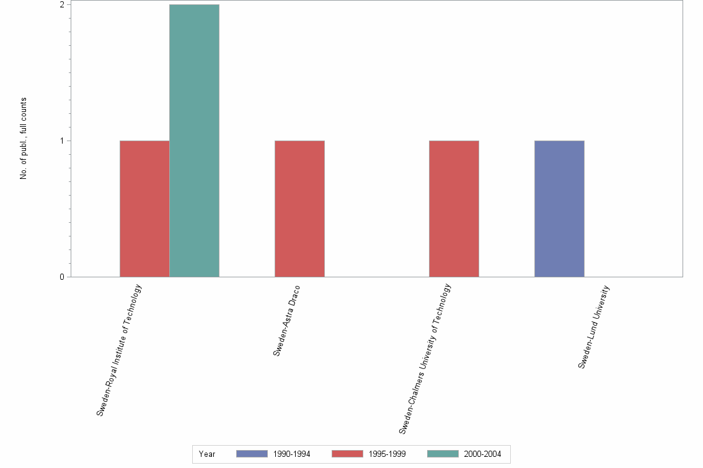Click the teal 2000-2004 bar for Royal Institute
[194, 141]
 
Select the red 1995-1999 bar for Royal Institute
[144, 209]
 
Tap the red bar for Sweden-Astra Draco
[299, 209]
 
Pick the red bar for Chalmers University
[454, 209]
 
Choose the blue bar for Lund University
[559, 209]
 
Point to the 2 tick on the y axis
[62, 5]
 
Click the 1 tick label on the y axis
[62, 141]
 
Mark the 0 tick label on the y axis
[62, 277]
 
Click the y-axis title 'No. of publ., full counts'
[24, 139]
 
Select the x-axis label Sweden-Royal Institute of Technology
[120, 350]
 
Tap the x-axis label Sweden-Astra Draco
[286, 321]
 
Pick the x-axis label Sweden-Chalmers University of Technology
[425, 358]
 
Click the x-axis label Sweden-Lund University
[594, 327]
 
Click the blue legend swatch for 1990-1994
[252, 454]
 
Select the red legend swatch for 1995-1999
[347, 454]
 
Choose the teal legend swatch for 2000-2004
[443, 454]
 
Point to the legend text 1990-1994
[291, 454]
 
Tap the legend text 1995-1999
[387, 454]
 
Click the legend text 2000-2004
[483, 454]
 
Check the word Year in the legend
[207, 454]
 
